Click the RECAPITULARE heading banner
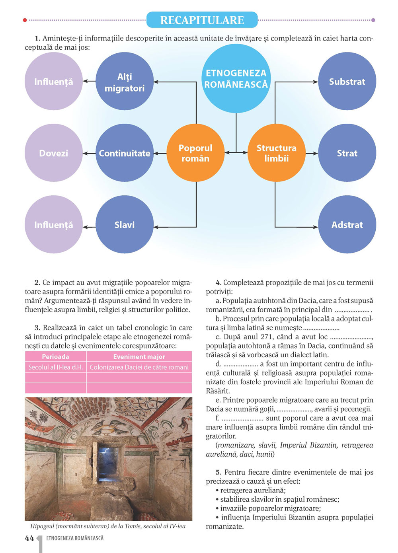[x=202, y=20]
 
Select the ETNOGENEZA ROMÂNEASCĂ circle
[x=236, y=79]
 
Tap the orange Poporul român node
[x=195, y=153]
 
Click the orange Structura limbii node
[x=276, y=153]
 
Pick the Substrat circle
[x=347, y=82]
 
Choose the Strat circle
[x=347, y=153]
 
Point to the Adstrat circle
[x=347, y=225]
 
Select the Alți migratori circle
[x=125, y=82]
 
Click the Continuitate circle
[x=125, y=153]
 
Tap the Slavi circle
[x=125, y=225]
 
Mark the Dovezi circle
[x=54, y=153]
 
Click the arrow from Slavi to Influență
[x=89, y=227]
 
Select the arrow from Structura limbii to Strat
[x=312, y=153]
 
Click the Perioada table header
[x=56, y=357]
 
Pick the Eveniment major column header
[x=139, y=357]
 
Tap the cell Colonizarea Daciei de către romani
[x=139, y=367]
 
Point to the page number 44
[x=29, y=538]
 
